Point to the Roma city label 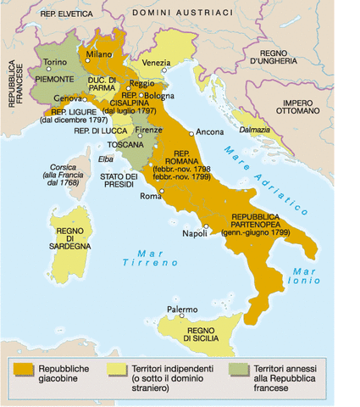(150, 198)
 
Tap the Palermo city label (181, 309)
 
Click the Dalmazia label (255, 130)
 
